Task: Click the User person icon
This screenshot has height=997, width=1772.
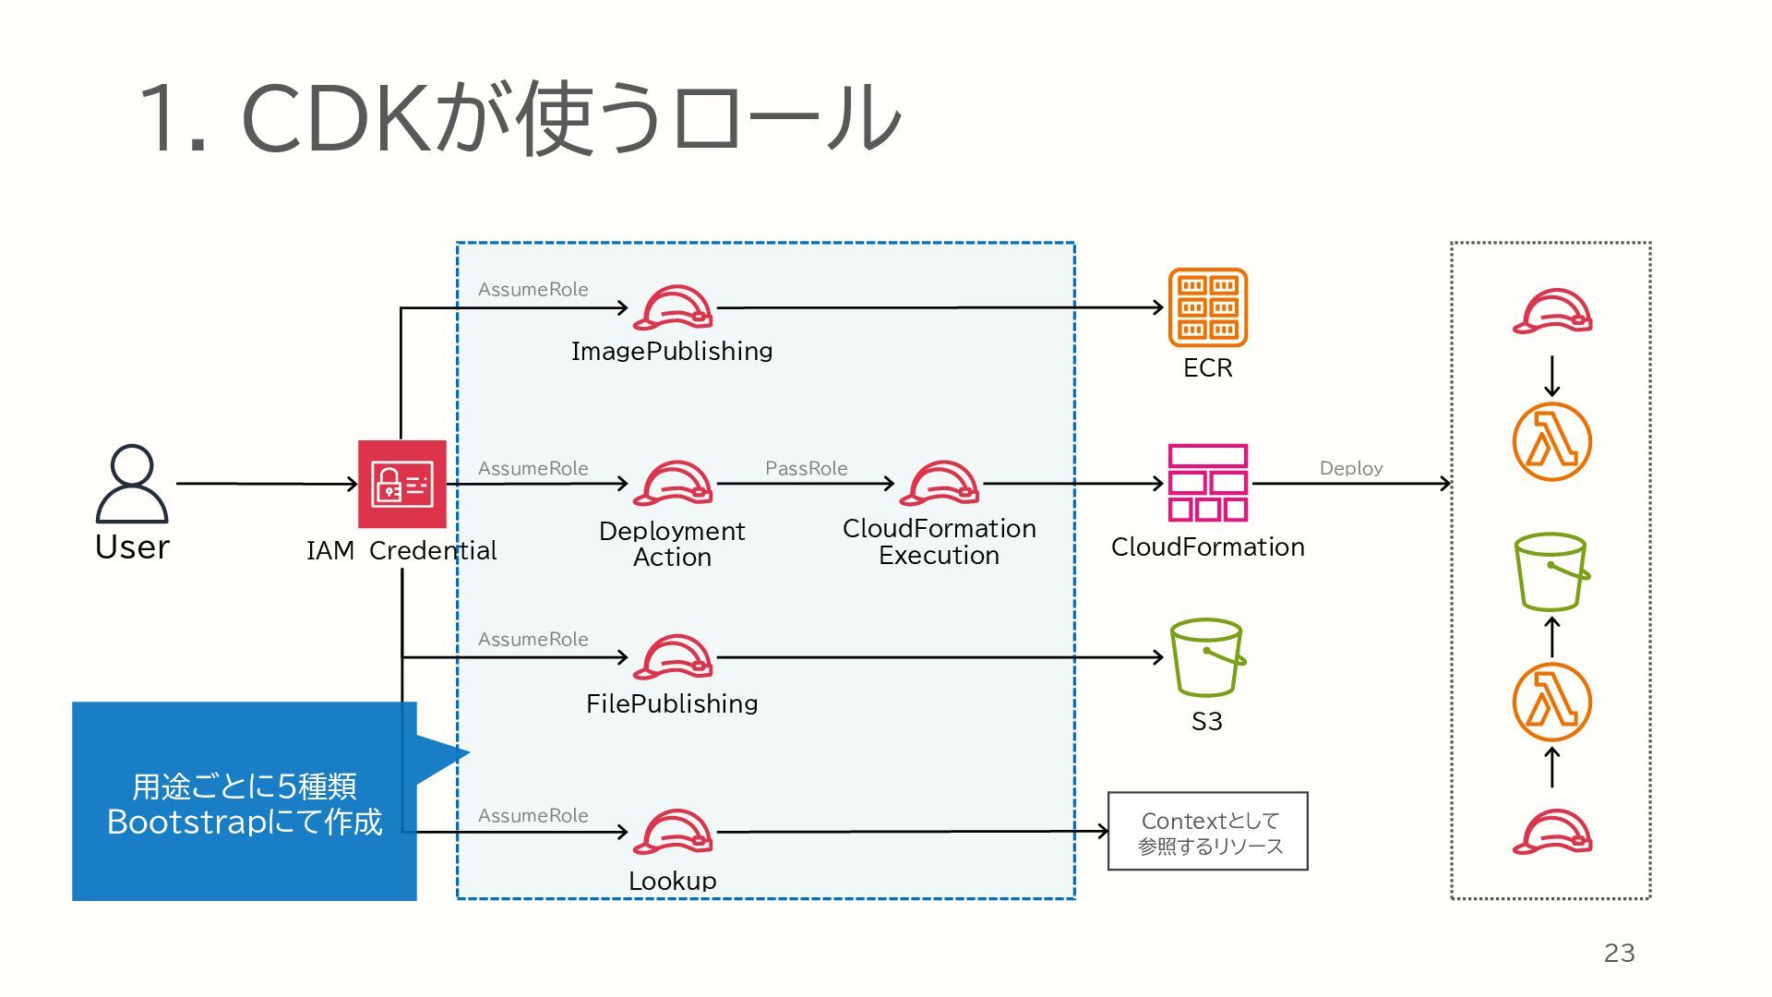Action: pyautogui.click(x=132, y=484)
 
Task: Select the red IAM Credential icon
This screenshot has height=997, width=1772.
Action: pyautogui.click(x=401, y=484)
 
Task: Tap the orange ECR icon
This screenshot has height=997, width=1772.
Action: pyautogui.click(x=1207, y=307)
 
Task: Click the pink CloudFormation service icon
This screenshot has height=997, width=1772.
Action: pyautogui.click(x=1207, y=483)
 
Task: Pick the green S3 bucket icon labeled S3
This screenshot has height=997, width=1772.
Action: pyautogui.click(x=1206, y=657)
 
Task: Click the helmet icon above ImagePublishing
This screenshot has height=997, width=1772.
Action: pyautogui.click(x=673, y=308)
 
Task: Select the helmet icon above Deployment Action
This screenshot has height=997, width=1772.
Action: pyautogui.click(x=673, y=483)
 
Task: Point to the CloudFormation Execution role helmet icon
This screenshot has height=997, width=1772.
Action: pyautogui.click(x=940, y=483)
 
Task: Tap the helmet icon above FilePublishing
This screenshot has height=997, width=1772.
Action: pyautogui.click(x=673, y=657)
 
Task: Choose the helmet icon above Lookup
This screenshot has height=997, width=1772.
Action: pyautogui.click(x=673, y=832)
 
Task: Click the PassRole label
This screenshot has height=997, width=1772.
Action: pyautogui.click(x=806, y=468)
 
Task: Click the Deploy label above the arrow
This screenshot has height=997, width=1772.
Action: pyautogui.click(x=1350, y=468)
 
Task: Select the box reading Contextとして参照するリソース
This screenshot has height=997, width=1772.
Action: pyautogui.click(x=1207, y=832)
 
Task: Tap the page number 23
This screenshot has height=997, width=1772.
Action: pyautogui.click(x=1619, y=953)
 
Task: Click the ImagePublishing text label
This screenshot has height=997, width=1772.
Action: pyautogui.click(x=672, y=351)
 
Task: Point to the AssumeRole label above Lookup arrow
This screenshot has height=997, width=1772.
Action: pyautogui.click(x=533, y=815)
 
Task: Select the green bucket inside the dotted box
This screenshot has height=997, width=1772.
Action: pyautogui.click(x=1551, y=572)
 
